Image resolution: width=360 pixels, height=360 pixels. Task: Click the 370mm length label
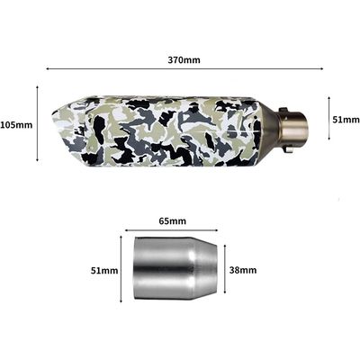184,59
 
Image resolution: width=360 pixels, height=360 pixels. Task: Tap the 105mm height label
16,124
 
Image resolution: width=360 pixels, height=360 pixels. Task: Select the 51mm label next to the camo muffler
346,119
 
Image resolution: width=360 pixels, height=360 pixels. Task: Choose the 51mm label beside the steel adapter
103,270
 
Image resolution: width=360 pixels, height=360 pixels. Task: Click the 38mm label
244,270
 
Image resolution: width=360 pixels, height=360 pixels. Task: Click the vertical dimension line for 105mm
38,124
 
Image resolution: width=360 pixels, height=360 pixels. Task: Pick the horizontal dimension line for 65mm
172,230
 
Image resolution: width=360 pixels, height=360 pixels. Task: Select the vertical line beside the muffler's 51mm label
328,119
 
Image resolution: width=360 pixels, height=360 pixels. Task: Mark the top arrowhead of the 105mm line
38,87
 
